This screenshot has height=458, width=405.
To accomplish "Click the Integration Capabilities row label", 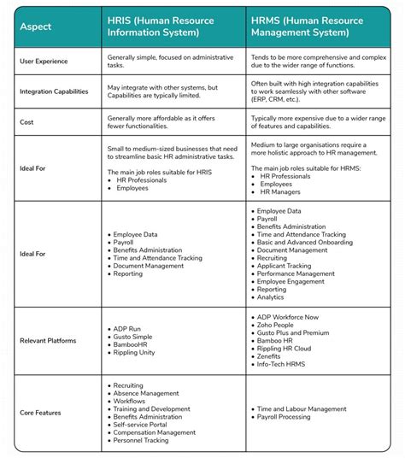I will click(x=56, y=91).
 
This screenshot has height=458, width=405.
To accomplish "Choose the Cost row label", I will click(x=27, y=121).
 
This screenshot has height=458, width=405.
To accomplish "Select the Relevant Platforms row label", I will click(x=49, y=341).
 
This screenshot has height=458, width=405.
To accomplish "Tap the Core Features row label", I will click(x=41, y=413).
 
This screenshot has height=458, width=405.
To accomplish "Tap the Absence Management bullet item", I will click(x=149, y=394).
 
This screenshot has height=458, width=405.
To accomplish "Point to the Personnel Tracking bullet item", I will click(x=144, y=440).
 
